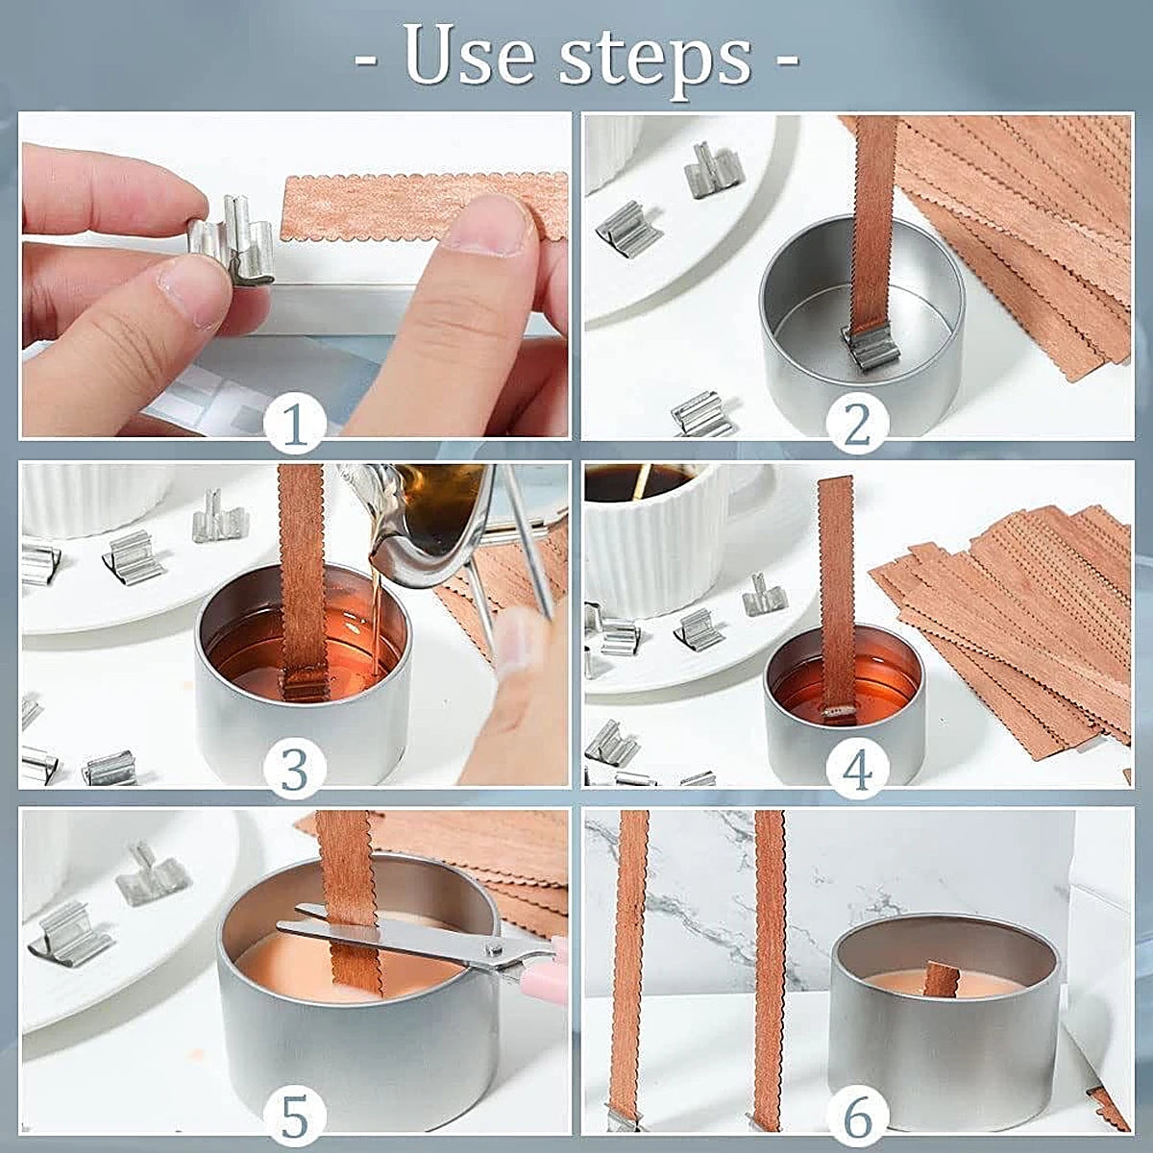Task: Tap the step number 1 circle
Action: click(x=296, y=424)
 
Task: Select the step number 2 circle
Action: click(x=857, y=424)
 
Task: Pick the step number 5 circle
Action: click(x=294, y=1116)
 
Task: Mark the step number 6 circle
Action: click(x=857, y=1116)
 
